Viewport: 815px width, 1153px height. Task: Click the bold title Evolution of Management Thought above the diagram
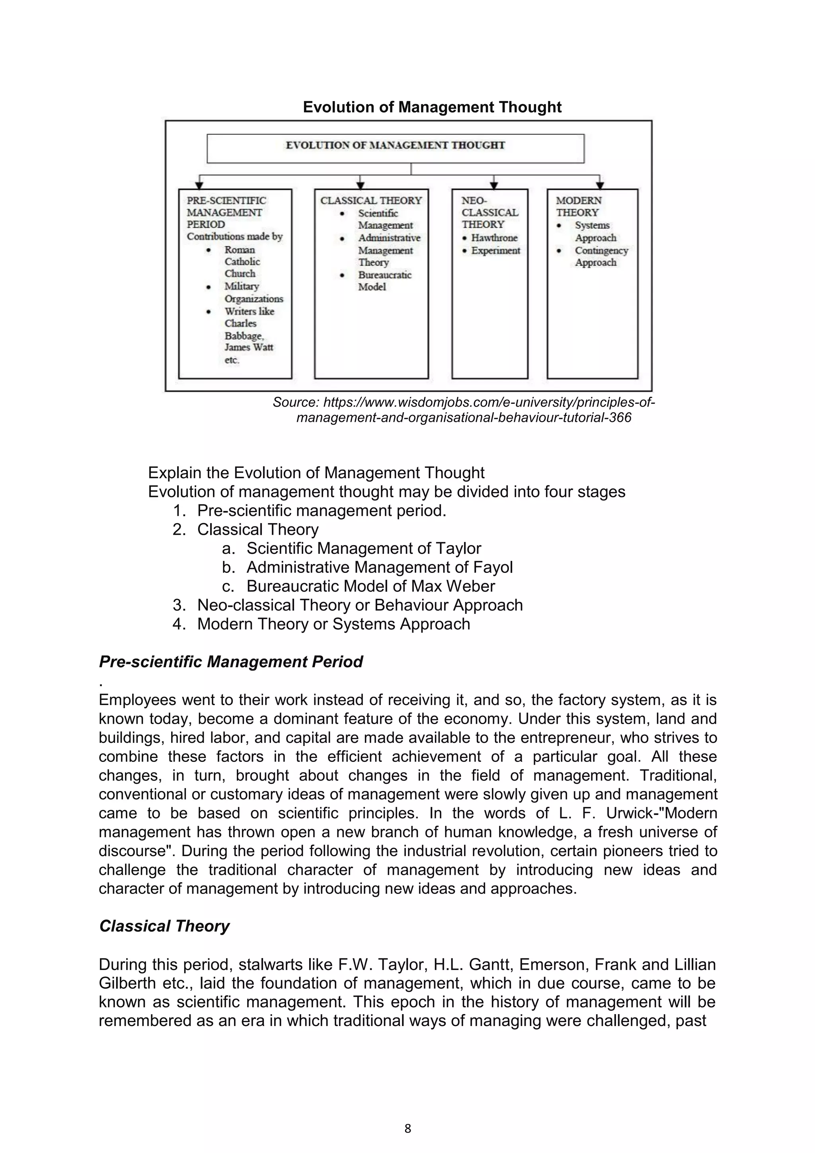pos(432,107)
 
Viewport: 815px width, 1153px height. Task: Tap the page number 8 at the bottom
pos(407,1128)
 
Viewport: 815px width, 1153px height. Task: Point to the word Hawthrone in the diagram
pos(494,238)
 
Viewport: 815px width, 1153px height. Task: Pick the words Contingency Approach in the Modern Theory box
pos(601,256)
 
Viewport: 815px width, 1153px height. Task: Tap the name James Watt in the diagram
pos(249,347)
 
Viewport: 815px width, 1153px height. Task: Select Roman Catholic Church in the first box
pos(242,262)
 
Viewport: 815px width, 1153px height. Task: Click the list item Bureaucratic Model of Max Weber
pos(370,586)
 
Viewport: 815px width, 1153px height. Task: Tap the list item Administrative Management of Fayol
pos(379,567)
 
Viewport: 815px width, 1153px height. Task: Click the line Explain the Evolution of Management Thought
pos(316,473)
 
